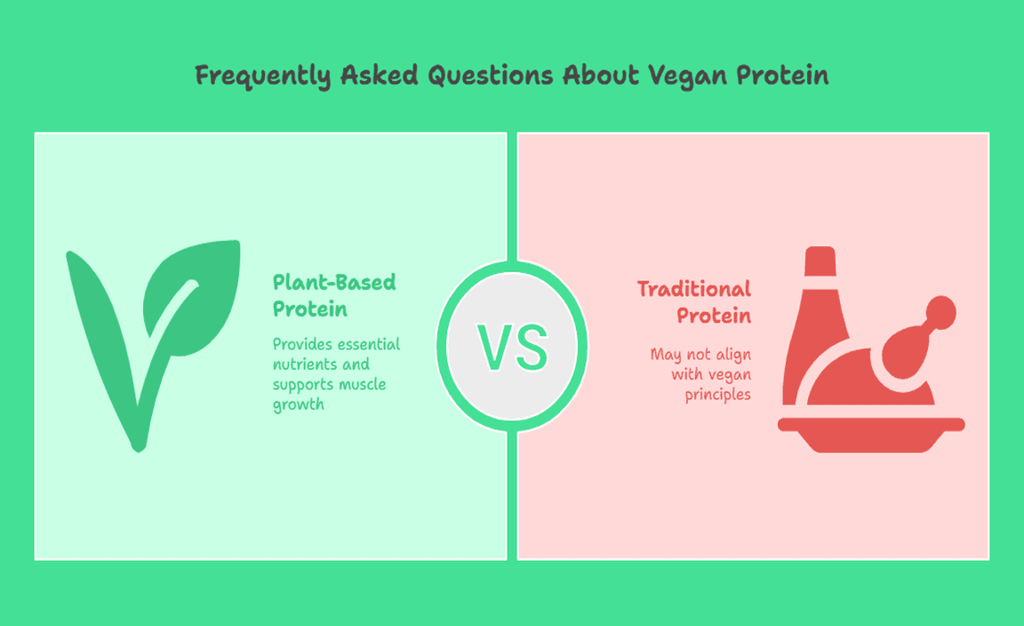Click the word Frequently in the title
tap(262, 76)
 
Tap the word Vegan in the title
tap(688, 76)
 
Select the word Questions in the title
tap(491, 76)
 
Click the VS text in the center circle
tap(512, 347)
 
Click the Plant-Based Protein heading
tap(334, 295)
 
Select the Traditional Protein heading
tap(694, 302)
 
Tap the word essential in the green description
tap(369, 344)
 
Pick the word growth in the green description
tap(299, 405)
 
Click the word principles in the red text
tap(717, 395)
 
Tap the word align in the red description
tap(733, 355)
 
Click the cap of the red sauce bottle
tap(820, 261)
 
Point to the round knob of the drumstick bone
tap(941, 312)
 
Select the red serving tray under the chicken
tap(871, 435)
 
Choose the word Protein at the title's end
tap(782, 76)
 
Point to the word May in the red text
tap(666, 355)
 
